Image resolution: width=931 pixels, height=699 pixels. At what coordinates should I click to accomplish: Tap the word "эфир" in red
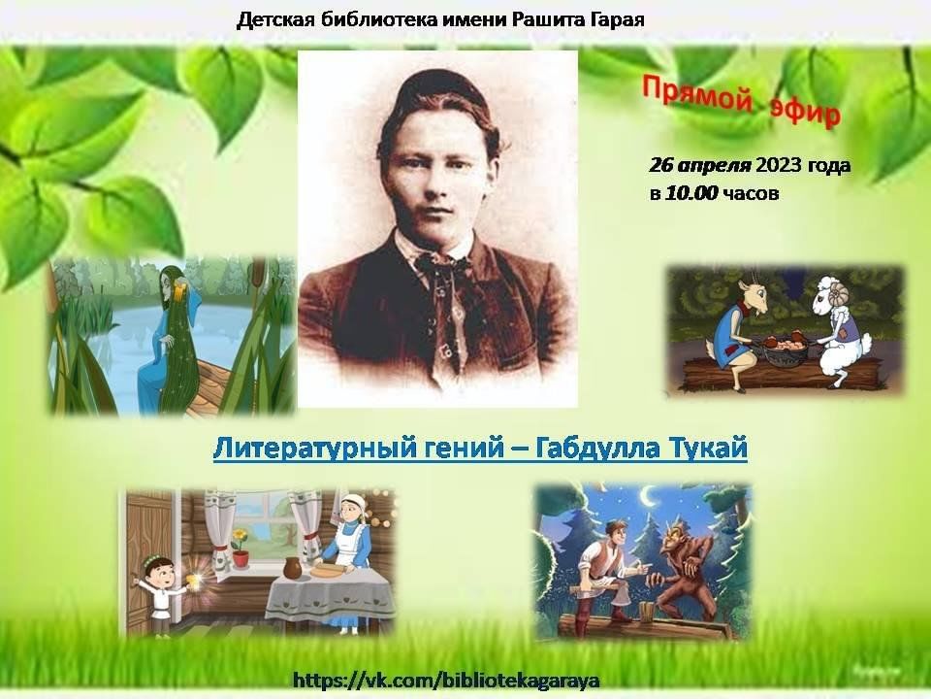click(806, 113)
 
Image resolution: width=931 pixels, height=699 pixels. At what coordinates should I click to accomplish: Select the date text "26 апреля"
click(700, 166)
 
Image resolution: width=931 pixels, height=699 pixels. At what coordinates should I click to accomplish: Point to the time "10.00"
click(691, 193)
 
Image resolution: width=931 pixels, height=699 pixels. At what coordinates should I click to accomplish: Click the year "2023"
click(779, 165)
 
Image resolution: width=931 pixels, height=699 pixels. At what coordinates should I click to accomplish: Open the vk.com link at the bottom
click(446, 680)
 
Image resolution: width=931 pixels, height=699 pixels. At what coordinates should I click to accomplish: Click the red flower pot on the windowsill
click(241, 554)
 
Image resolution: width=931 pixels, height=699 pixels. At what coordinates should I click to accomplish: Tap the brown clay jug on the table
click(292, 568)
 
